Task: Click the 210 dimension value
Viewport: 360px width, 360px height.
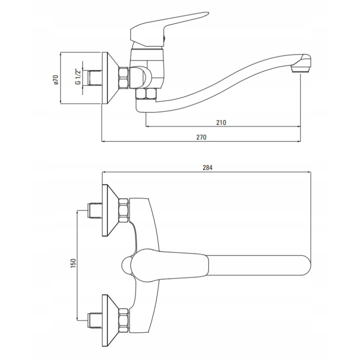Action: click(221, 122)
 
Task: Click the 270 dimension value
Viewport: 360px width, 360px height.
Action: click(201, 137)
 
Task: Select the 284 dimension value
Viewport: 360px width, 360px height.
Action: click(207, 168)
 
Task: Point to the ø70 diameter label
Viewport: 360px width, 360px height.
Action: click(56, 79)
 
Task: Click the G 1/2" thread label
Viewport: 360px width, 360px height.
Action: click(78, 76)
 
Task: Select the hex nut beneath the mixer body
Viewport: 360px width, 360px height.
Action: click(146, 94)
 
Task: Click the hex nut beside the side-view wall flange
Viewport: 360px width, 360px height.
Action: click(124, 77)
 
